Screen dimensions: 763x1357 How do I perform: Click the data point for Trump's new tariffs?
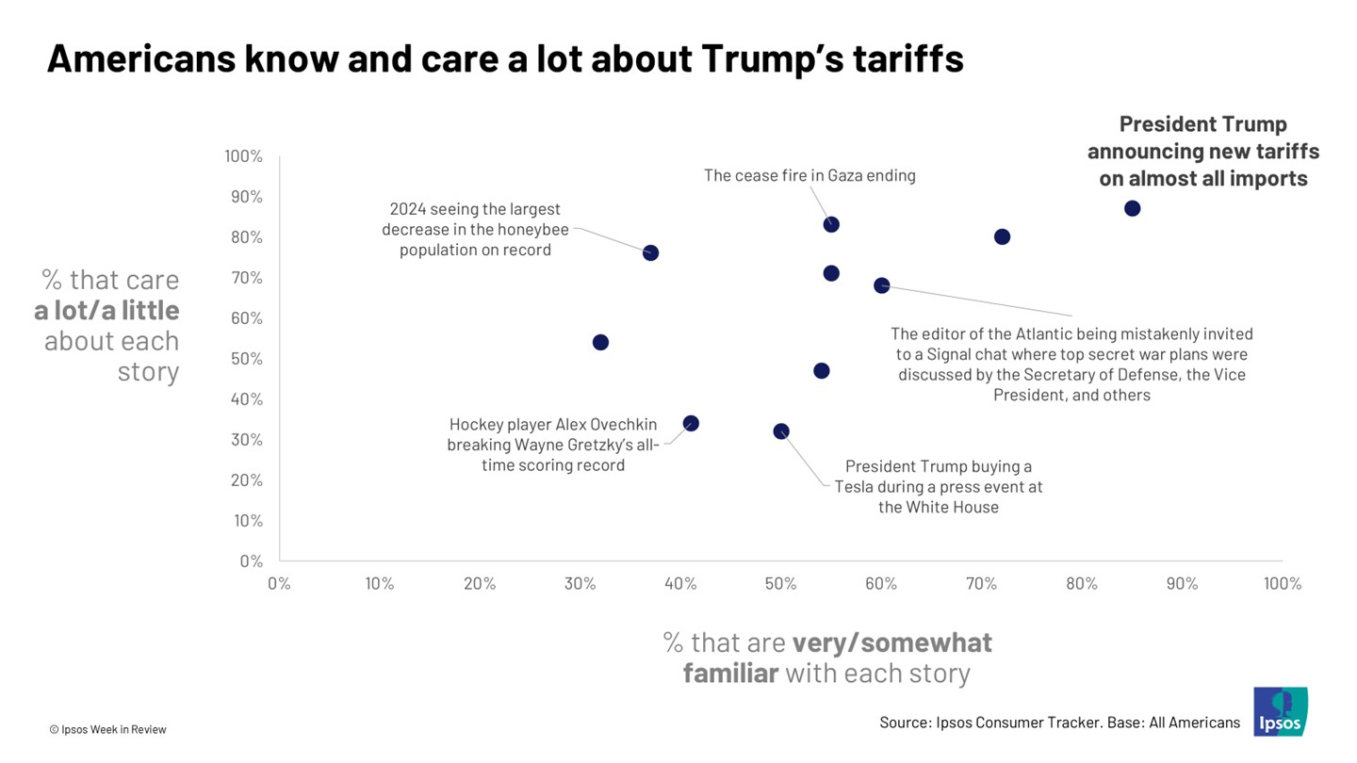coord(1132,208)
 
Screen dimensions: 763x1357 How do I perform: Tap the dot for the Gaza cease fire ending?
coord(831,224)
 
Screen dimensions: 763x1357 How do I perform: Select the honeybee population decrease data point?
coord(650,252)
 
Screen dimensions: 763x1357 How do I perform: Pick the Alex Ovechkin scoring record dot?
coord(691,424)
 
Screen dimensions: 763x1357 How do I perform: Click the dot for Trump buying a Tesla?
coord(781,431)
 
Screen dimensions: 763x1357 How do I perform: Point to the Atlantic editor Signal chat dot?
coord(881,285)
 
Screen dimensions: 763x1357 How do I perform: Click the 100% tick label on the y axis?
coord(244,156)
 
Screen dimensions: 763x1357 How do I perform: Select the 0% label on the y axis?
coord(251,561)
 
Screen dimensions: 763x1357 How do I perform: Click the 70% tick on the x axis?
coord(981,584)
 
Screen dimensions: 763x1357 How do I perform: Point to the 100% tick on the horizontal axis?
coord(1282,584)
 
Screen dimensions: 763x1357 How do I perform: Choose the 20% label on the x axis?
coord(480,584)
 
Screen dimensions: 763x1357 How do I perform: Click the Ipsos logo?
coord(1281,711)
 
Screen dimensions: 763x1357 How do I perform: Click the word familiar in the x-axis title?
coord(730,674)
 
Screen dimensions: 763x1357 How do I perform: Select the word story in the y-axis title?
coord(148,371)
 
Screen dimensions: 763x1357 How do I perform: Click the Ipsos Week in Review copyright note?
coord(107,729)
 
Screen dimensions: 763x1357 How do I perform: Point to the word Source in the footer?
coord(906,722)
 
